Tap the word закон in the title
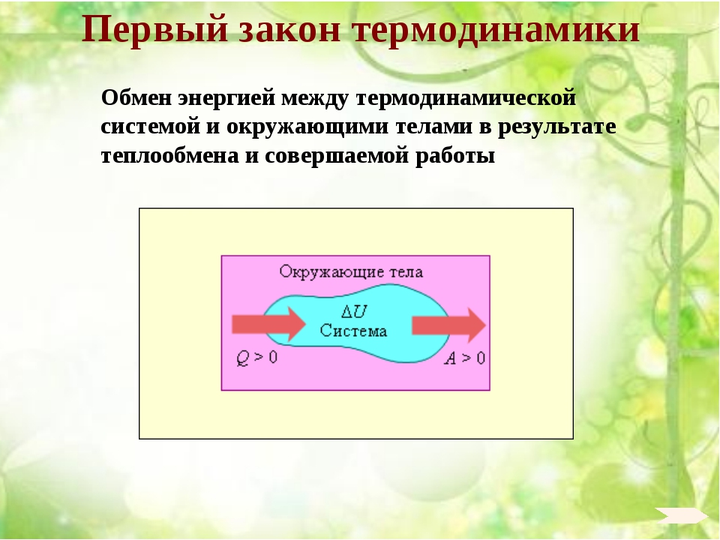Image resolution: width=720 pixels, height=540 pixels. pos(290,30)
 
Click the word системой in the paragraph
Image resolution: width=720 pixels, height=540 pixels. pos(151,127)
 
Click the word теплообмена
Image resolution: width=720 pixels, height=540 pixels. pos(170,156)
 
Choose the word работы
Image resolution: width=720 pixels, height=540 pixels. pos(455,157)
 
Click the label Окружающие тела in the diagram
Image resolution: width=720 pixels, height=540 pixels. pos(351,272)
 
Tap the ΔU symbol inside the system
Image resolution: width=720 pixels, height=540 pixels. pos(354,312)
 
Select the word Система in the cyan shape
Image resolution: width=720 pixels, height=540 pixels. pos(353,331)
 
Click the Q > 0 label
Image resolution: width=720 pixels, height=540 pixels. pos(257,358)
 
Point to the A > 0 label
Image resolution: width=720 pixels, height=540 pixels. pos(465,358)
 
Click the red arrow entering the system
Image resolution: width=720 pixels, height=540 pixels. pos(268,325)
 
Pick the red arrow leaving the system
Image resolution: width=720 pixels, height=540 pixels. pos(448,325)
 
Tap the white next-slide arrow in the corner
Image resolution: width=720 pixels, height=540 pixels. pos(681,515)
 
